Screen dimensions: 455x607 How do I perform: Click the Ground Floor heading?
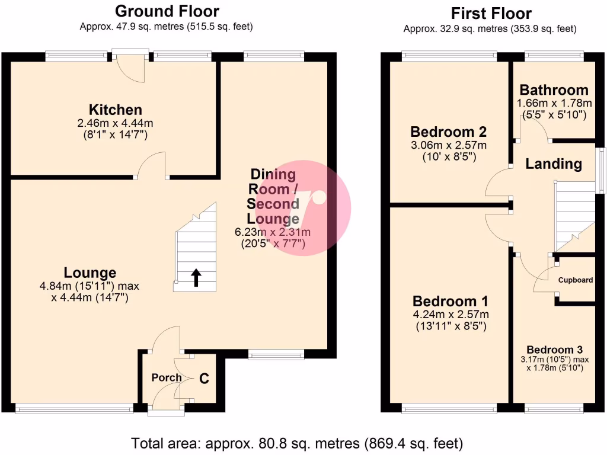pyautogui.click(x=167, y=11)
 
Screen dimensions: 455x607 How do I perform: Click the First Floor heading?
pyautogui.click(x=491, y=13)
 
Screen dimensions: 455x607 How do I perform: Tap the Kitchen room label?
pyautogui.click(x=115, y=110)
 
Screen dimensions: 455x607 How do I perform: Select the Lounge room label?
pyautogui.click(x=90, y=273)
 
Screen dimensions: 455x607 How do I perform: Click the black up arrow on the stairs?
pyautogui.click(x=196, y=277)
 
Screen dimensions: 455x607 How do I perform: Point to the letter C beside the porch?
pyautogui.click(x=204, y=378)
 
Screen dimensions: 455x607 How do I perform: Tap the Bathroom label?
pyautogui.click(x=554, y=90)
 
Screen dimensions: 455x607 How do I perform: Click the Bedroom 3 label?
pyautogui.click(x=554, y=350)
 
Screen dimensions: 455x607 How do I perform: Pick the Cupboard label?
pyautogui.click(x=575, y=280)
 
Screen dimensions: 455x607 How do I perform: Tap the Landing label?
pyautogui.click(x=554, y=164)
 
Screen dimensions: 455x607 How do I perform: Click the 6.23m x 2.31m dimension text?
pyautogui.click(x=273, y=232)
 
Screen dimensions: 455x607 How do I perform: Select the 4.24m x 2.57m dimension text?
pyautogui.click(x=451, y=315)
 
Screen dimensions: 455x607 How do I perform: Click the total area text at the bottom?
pyautogui.click(x=296, y=443)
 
